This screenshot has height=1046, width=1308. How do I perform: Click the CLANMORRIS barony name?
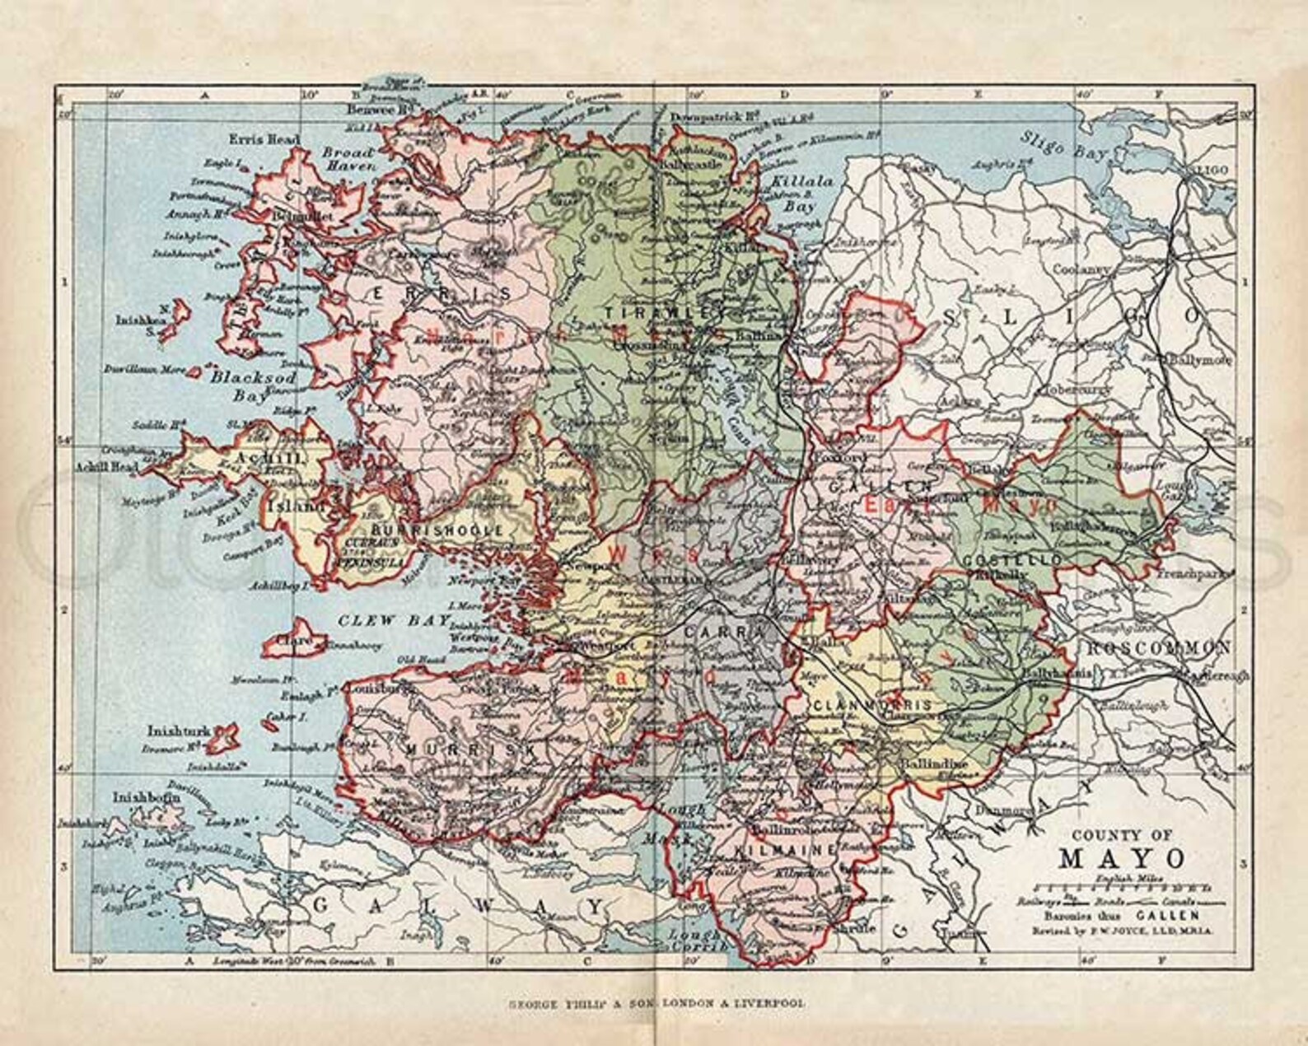pyautogui.click(x=871, y=706)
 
